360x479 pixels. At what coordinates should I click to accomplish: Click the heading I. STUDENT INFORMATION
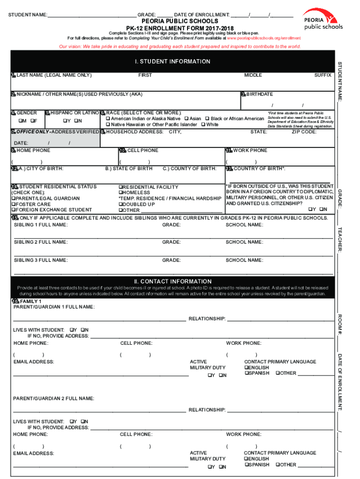[173, 62]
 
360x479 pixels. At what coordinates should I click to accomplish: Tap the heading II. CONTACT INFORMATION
[173, 281]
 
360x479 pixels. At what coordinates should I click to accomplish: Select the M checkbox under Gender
[20, 121]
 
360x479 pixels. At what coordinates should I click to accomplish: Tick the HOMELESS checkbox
[121, 193]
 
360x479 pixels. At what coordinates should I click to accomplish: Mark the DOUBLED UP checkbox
[121, 204]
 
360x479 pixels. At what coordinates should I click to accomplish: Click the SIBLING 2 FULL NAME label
[41, 242]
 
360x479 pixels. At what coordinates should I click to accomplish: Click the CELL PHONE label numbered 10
[143, 151]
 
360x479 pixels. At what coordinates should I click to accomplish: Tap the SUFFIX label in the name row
[323, 75]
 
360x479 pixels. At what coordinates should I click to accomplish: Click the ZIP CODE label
[304, 132]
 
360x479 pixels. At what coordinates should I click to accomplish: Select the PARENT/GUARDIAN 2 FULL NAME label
[54, 399]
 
